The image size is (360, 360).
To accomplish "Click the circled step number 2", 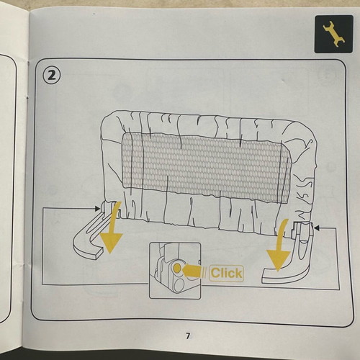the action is point(52,76).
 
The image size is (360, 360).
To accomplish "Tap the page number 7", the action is point(188,336).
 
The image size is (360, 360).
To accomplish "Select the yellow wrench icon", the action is point(334,33).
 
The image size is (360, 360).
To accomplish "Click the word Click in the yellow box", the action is point(226,273).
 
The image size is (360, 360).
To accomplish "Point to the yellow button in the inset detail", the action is point(177,268).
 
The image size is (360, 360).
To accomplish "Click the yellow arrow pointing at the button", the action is point(192,271).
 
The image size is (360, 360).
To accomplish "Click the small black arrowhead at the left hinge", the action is point(97,208).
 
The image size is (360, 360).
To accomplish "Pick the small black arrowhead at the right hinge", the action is point(317,228).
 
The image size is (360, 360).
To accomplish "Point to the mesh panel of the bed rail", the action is point(206,167).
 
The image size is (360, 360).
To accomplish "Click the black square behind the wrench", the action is point(334,34).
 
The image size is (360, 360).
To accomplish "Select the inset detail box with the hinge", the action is point(175,271).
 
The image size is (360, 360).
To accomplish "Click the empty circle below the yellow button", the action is point(179,285).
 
